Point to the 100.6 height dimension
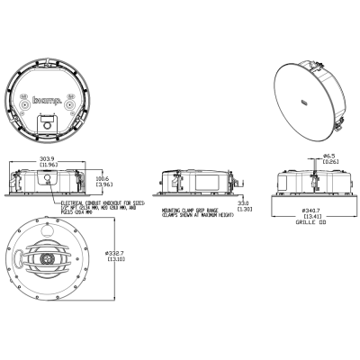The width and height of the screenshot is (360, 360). [103, 178]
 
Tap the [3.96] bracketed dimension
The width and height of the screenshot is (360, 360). [103, 184]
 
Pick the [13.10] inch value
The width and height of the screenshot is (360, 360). [114, 261]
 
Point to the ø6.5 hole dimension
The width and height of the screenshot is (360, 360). [329, 155]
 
